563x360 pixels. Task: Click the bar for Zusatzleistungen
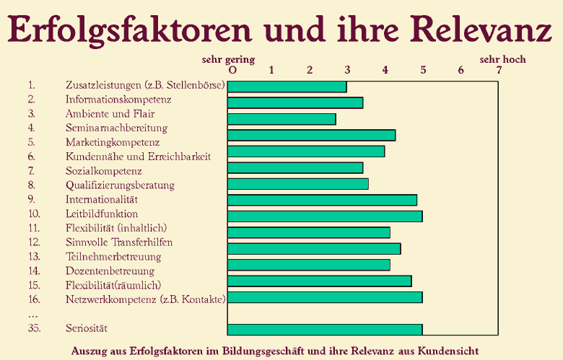(287, 87)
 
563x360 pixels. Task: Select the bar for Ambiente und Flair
(281, 119)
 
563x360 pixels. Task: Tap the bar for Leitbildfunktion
(325, 216)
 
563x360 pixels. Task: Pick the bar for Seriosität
(325, 330)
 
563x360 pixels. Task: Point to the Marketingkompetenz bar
(312, 135)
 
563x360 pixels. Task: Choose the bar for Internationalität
(322, 200)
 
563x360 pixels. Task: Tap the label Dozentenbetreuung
(110, 271)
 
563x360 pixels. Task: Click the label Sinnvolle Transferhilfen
(119, 242)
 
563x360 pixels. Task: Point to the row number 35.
(34, 328)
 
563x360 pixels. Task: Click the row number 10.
(34, 214)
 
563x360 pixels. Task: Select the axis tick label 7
(499, 70)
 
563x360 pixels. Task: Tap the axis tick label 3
(347, 70)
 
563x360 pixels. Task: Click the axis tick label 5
(423, 70)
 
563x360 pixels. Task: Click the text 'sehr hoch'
(503, 59)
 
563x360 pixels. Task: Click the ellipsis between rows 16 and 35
(32, 315)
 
